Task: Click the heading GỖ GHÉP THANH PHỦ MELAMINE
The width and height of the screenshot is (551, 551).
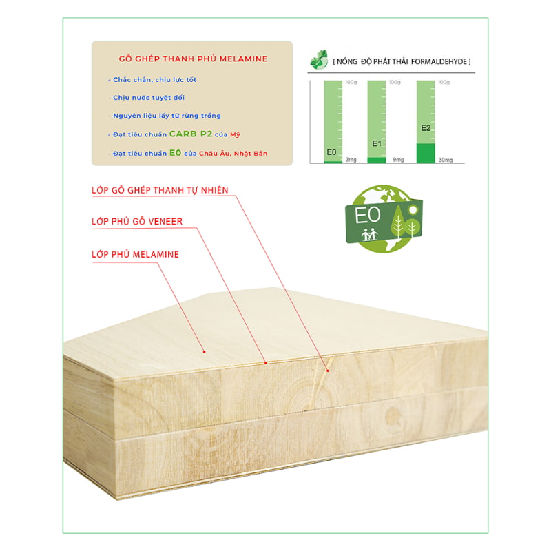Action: [x=193, y=59]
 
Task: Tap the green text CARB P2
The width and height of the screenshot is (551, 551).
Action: [x=191, y=134]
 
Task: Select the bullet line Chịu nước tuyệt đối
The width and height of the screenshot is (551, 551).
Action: [x=146, y=98]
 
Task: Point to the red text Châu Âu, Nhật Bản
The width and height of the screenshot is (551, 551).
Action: [x=233, y=153]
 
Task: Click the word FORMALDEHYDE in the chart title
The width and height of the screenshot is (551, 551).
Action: [x=439, y=62]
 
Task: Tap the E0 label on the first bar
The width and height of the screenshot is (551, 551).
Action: [x=331, y=152]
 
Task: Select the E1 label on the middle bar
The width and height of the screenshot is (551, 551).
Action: [x=377, y=143]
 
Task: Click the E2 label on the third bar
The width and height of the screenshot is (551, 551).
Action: [x=426, y=128]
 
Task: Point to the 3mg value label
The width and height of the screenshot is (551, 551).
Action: [x=351, y=160]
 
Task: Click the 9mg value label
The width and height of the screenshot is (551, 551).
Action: [x=398, y=160]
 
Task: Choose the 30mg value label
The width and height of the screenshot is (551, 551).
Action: [x=445, y=160]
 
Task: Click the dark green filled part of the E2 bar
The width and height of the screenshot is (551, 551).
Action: [x=426, y=153]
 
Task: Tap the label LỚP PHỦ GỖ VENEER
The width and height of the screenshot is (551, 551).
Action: [x=137, y=221]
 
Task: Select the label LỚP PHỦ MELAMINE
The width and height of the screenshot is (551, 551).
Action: [x=135, y=254]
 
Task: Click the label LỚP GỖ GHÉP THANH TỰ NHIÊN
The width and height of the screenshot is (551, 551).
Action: [x=160, y=190]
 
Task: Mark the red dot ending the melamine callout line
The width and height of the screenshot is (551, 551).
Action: [x=204, y=352]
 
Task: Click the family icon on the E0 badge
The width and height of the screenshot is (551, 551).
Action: [x=369, y=234]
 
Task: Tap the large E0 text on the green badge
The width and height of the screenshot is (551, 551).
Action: [x=368, y=215]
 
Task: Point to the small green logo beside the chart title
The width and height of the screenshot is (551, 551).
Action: [x=319, y=60]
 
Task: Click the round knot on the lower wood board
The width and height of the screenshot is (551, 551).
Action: [x=393, y=417]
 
